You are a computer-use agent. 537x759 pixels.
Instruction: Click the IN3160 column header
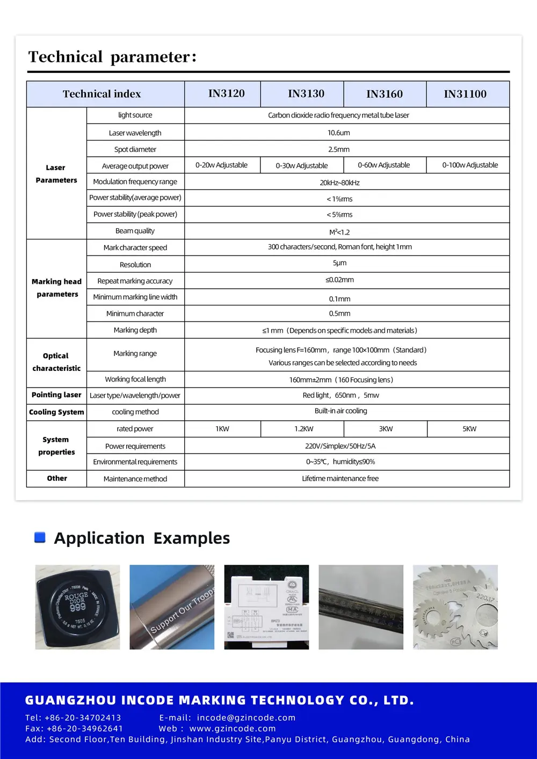point(384,94)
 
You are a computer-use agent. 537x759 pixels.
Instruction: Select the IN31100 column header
point(465,94)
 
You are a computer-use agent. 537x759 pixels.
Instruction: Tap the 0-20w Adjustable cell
point(221,165)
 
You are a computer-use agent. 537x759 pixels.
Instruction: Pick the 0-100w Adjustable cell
point(470,165)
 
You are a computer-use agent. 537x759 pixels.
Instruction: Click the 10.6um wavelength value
point(339,133)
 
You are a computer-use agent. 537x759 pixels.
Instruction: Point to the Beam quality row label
point(135,231)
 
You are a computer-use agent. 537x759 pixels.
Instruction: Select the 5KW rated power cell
point(469,429)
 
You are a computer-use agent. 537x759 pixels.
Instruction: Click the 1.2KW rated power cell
point(304,429)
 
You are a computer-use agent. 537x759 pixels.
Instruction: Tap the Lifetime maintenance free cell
point(340,478)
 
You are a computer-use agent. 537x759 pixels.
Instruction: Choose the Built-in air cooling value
point(341,411)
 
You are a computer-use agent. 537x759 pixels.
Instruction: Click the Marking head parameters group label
point(57,288)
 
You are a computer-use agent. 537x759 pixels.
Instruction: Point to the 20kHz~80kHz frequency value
point(339,183)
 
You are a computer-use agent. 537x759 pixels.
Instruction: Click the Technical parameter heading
point(113,57)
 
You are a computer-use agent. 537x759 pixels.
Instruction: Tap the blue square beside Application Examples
point(40,537)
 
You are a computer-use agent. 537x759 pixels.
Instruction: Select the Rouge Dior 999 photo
point(77,607)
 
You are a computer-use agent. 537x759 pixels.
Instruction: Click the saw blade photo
point(455,607)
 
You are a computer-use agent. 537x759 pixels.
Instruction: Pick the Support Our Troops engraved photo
point(172,607)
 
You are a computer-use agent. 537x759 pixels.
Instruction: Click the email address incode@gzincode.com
point(246,718)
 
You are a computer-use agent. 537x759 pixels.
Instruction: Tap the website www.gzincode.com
point(233,728)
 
